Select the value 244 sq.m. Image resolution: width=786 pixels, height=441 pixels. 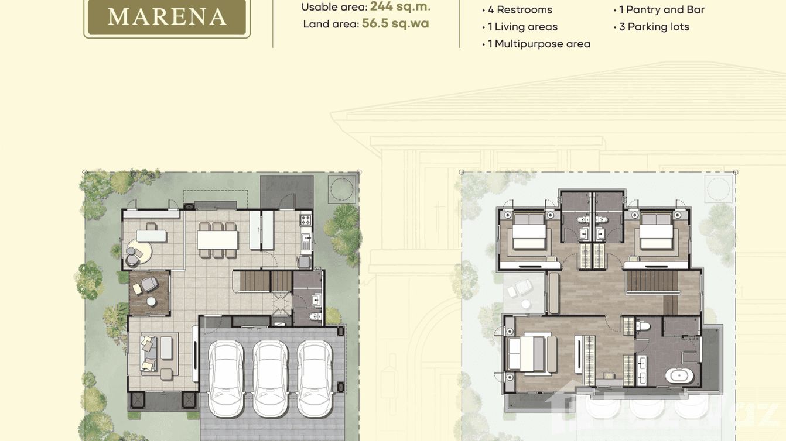point(400,7)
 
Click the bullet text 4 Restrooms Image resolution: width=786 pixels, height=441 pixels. point(520,10)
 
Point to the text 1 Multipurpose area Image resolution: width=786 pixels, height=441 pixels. point(539,44)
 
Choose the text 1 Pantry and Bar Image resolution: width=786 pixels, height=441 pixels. point(662,10)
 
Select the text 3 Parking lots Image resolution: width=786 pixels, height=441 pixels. point(654,27)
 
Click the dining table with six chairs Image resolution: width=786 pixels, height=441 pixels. point(218,240)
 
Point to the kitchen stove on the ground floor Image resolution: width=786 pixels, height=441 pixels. point(305,220)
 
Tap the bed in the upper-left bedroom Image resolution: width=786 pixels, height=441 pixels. point(529,232)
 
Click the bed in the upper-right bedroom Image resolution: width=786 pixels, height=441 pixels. point(655,232)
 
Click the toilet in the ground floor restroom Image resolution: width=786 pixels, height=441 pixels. point(315,317)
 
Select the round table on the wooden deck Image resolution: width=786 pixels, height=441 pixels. point(151,301)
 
